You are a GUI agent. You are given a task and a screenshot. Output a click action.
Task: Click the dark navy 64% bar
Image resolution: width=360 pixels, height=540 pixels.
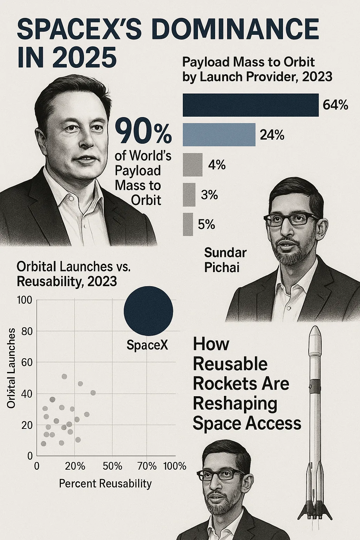[x=250, y=105]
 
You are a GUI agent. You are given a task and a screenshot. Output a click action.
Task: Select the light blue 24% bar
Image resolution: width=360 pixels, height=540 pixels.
[x=219, y=135]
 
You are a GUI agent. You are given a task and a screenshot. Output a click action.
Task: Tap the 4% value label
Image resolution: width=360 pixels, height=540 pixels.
[x=217, y=165]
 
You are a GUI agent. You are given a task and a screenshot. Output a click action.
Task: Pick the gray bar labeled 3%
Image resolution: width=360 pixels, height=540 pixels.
[x=189, y=194]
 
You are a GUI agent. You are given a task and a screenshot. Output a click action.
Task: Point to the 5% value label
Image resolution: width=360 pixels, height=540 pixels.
[x=206, y=224]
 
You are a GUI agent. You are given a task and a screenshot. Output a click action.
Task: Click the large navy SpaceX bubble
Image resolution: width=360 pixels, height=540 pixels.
[x=148, y=311]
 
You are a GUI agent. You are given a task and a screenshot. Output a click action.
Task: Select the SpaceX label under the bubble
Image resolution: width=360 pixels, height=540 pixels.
[x=147, y=345]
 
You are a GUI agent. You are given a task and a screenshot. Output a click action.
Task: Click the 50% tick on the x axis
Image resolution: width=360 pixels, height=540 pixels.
[x=112, y=466]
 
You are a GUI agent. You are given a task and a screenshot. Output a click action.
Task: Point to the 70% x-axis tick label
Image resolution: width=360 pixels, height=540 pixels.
[x=147, y=466]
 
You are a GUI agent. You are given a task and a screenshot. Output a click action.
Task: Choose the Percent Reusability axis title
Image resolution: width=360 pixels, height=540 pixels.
[x=105, y=484]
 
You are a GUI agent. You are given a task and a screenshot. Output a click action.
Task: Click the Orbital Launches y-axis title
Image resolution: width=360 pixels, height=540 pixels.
[x=11, y=368]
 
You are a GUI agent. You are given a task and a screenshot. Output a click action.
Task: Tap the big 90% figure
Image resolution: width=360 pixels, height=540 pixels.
[x=143, y=131]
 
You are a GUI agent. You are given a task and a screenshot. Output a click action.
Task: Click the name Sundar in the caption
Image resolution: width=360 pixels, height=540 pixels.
[x=225, y=252]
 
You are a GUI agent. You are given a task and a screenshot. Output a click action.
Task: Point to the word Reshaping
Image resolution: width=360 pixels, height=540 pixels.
[x=235, y=404]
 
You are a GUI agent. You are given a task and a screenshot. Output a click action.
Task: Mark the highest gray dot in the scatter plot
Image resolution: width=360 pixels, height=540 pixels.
[x=64, y=377]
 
